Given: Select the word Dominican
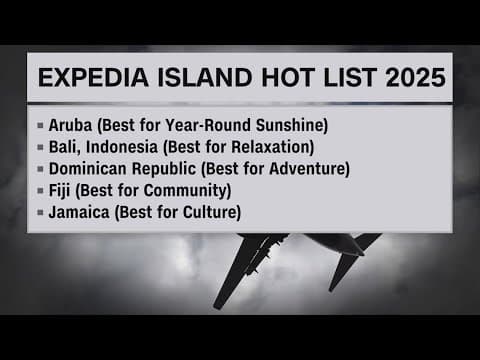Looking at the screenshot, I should point(92,168).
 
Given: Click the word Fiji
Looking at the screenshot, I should point(61,189).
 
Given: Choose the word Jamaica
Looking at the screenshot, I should point(79,211).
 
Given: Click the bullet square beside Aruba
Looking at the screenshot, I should point(39,127).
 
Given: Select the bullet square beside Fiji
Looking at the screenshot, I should point(39,190).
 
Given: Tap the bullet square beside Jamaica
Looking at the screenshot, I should point(39,211).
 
